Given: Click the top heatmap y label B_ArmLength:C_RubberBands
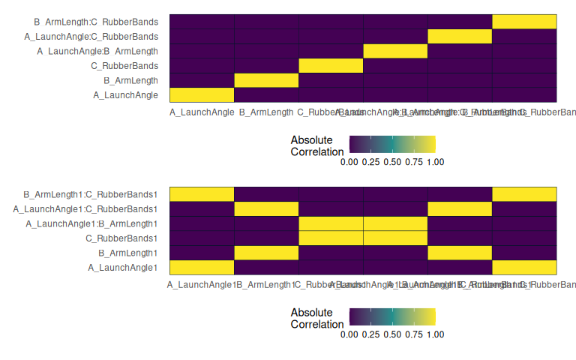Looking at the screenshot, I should click(x=96, y=22).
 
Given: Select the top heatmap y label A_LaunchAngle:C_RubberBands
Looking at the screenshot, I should click(x=91, y=36).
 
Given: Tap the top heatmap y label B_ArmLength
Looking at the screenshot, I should click(x=130, y=80).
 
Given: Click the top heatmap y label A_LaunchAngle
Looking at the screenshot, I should click(x=125, y=95).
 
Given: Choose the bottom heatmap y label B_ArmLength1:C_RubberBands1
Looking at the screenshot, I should click(x=91, y=193).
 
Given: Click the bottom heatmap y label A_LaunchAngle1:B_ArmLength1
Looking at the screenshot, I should click(x=91, y=223).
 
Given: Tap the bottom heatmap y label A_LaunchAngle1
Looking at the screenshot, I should click(x=123, y=267).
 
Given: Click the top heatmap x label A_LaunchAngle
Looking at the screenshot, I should click(x=202, y=112).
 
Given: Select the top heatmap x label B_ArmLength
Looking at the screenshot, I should click(x=266, y=112).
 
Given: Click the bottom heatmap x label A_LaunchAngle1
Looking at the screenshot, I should click(x=202, y=285).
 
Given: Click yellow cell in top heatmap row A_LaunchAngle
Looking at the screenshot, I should click(x=202, y=94).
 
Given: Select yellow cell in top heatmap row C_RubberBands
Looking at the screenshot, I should click(x=331, y=65).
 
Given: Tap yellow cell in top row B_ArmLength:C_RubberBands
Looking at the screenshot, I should click(x=523, y=21).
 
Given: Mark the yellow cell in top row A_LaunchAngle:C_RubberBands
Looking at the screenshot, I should click(x=459, y=36).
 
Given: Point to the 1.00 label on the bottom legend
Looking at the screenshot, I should click(x=434, y=331).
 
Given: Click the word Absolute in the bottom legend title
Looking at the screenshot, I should click(x=311, y=312).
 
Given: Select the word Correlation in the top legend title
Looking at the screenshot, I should click(x=317, y=151).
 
